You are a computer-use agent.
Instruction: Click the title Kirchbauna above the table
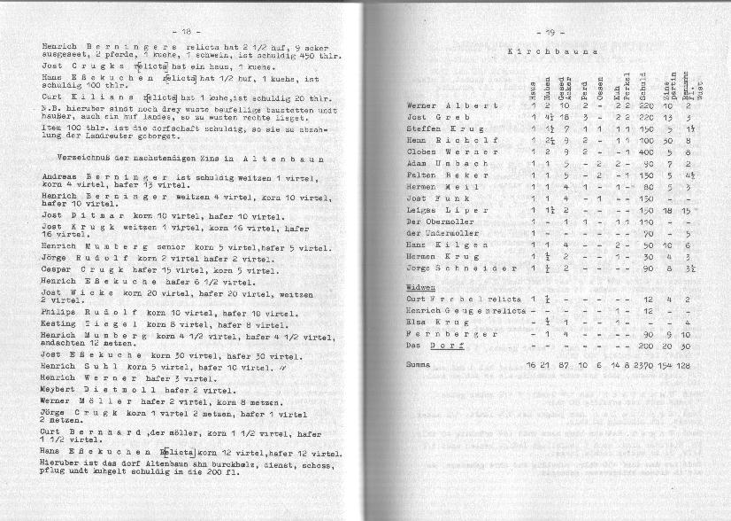point(550,52)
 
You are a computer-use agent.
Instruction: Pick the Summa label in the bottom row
point(419,365)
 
